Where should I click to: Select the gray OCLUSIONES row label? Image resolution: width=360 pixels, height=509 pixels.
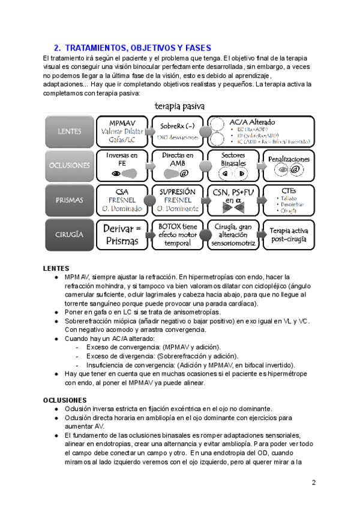[x=69, y=164]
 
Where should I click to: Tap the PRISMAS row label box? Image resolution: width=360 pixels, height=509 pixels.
[x=69, y=200]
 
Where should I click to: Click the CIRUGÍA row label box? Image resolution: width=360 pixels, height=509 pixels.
[x=69, y=235]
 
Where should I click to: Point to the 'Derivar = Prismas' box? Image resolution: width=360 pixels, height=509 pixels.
[x=122, y=235]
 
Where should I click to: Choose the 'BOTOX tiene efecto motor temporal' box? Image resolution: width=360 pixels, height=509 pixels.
[x=178, y=235]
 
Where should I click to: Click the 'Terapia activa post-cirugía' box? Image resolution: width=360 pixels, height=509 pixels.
[x=289, y=235]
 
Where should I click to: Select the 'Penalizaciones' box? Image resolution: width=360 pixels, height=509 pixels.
[x=289, y=164]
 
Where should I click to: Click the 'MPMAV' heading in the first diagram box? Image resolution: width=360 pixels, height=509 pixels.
[x=122, y=122]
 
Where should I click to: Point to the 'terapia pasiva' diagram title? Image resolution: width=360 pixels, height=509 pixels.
[x=179, y=106]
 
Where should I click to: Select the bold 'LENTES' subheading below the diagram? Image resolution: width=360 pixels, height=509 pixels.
[x=56, y=268]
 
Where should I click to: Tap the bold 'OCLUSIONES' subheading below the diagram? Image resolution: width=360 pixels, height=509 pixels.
[x=65, y=400]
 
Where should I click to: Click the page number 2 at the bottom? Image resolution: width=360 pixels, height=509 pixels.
[x=313, y=483]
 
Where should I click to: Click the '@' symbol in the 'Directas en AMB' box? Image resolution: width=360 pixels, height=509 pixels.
[x=184, y=173]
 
